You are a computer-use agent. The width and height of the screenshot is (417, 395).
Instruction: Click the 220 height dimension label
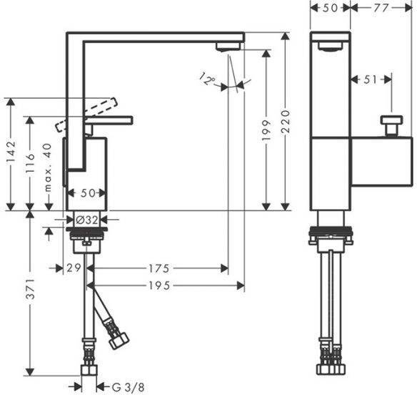[286, 122]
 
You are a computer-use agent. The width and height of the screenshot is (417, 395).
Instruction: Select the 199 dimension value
[266, 130]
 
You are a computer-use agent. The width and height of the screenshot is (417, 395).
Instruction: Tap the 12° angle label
[208, 79]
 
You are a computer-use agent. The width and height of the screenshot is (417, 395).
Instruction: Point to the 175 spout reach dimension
[159, 268]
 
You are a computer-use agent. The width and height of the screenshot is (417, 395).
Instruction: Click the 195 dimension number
[159, 286]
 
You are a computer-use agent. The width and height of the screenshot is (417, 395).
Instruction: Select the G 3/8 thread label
[129, 387]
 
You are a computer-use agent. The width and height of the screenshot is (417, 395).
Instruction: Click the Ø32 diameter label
[86, 220]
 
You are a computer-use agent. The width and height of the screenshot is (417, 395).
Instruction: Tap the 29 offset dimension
[74, 268]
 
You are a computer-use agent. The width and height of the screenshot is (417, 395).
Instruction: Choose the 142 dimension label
[11, 152]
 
